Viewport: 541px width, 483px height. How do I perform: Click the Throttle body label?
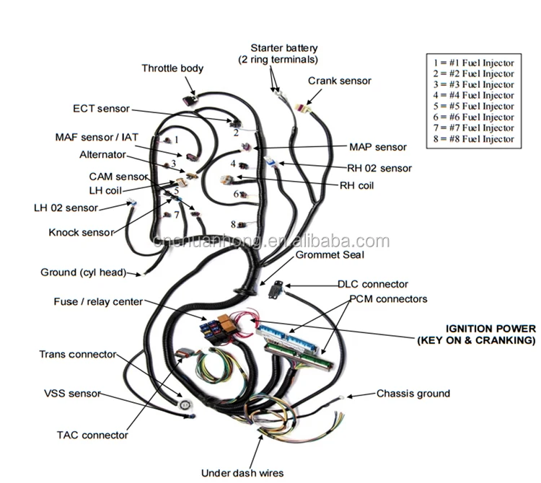pyautogui.click(x=172, y=68)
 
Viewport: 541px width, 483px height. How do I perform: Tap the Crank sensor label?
pyautogui.click(x=339, y=81)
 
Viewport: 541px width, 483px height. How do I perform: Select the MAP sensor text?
pyautogui.click(x=377, y=147)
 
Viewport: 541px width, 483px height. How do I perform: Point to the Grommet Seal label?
pyautogui.click(x=330, y=254)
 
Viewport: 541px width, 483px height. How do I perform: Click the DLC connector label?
pyautogui.click(x=372, y=284)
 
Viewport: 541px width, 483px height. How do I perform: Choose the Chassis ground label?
pyautogui.click(x=413, y=394)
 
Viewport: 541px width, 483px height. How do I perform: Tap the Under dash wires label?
pyautogui.click(x=243, y=473)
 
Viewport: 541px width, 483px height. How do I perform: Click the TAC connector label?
pyautogui.click(x=92, y=435)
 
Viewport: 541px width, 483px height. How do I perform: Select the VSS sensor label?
pyautogui.click(x=69, y=394)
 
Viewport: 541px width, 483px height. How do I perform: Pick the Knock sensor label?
pyautogui.click(x=81, y=232)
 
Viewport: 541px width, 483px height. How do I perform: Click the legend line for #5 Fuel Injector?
pyautogui.click(x=474, y=106)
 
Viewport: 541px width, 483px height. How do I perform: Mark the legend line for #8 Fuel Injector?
pyautogui.click(x=474, y=138)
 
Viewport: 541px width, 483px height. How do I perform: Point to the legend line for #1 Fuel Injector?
pyautogui.click(x=474, y=63)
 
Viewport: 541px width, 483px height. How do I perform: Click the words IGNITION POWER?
pyautogui.click(x=490, y=328)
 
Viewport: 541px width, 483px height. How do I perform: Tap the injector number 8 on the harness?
pyautogui.click(x=234, y=224)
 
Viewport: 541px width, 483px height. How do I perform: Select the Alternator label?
pyautogui.click(x=102, y=154)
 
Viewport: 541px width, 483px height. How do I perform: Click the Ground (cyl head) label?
pyautogui.click(x=83, y=272)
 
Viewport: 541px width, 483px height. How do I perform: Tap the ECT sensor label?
pyautogui.click(x=101, y=109)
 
